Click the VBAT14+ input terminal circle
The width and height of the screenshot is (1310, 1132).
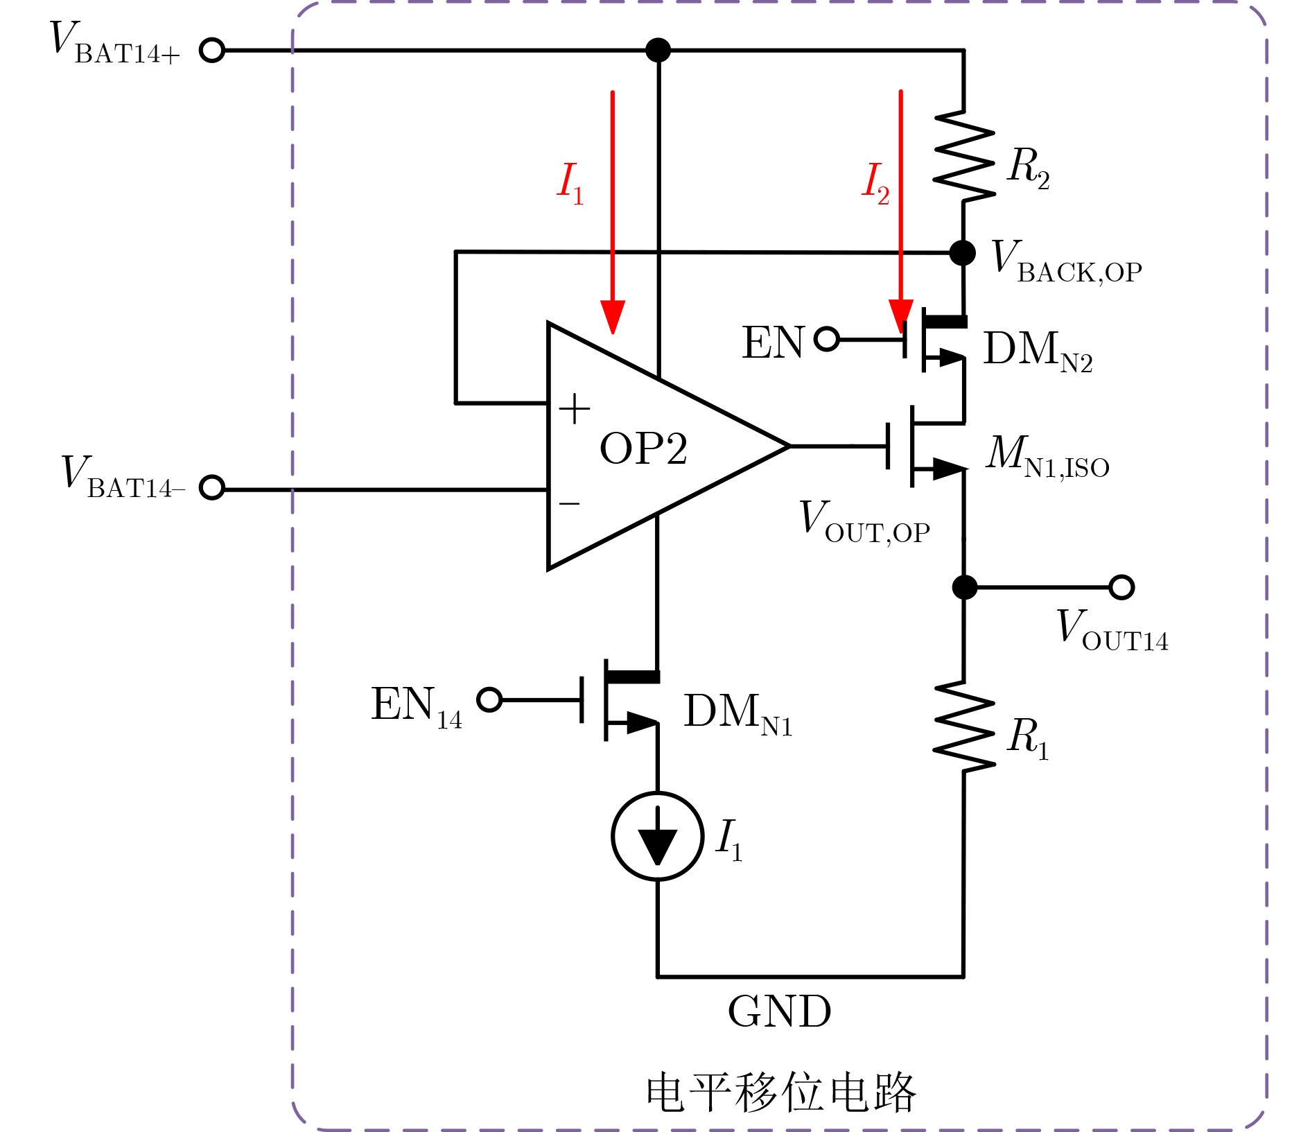[212, 51]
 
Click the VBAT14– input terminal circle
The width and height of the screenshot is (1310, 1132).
[212, 487]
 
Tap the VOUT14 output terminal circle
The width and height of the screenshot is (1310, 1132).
[1121, 587]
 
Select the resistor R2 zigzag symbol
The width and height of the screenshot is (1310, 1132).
[963, 156]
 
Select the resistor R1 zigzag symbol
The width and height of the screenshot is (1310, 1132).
[963, 726]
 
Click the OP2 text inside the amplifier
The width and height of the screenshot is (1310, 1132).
[643, 449]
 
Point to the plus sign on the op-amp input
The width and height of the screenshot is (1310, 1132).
[574, 409]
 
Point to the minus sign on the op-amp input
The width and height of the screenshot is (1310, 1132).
[570, 503]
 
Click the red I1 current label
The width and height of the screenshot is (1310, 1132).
[570, 184]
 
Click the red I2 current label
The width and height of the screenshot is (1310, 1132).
[875, 184]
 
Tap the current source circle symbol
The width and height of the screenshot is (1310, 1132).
[657, 837]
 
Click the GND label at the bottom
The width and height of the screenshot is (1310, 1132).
[779, 1011]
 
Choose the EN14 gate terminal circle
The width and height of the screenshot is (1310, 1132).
[489, 699]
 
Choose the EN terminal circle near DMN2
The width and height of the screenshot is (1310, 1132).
[826, 339]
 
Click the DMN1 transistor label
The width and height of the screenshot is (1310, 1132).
[737, 713]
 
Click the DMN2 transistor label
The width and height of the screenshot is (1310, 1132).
[1038, 350]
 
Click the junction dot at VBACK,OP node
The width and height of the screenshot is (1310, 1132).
[963, 253]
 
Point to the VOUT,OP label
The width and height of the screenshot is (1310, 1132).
[864, 522]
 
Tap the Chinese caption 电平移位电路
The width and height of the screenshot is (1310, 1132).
[780, 1093]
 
